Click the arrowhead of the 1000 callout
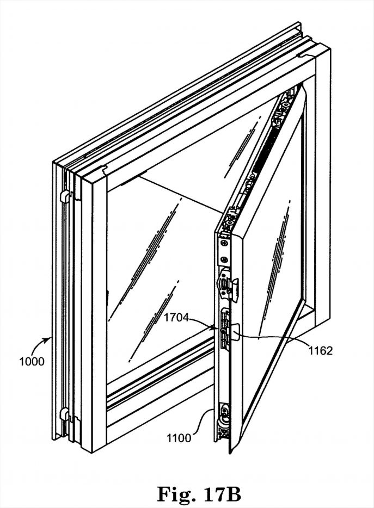52,338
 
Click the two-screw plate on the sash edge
223,251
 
